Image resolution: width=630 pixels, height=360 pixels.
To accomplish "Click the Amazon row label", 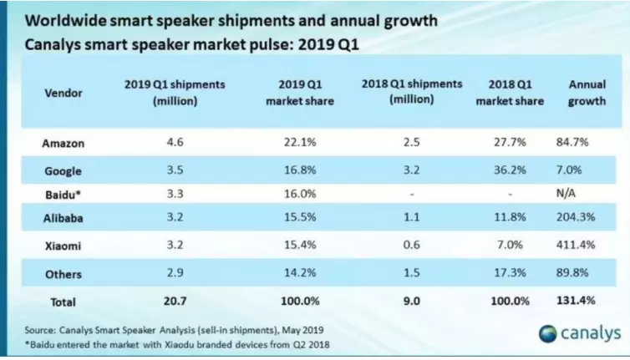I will [x=63, y=143].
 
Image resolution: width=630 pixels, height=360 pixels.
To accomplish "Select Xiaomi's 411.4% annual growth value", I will [x=587, y=249].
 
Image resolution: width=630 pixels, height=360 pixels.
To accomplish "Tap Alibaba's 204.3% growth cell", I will [x=587, y=222].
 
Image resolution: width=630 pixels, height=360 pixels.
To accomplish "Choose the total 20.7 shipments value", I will [x=175, y=302].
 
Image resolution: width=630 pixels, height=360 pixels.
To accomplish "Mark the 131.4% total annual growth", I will [x=587, y=302].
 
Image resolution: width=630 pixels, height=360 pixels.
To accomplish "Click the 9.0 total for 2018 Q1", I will [x=410, y=302].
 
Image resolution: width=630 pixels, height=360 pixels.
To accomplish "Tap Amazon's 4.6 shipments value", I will [x=175, y=143].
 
